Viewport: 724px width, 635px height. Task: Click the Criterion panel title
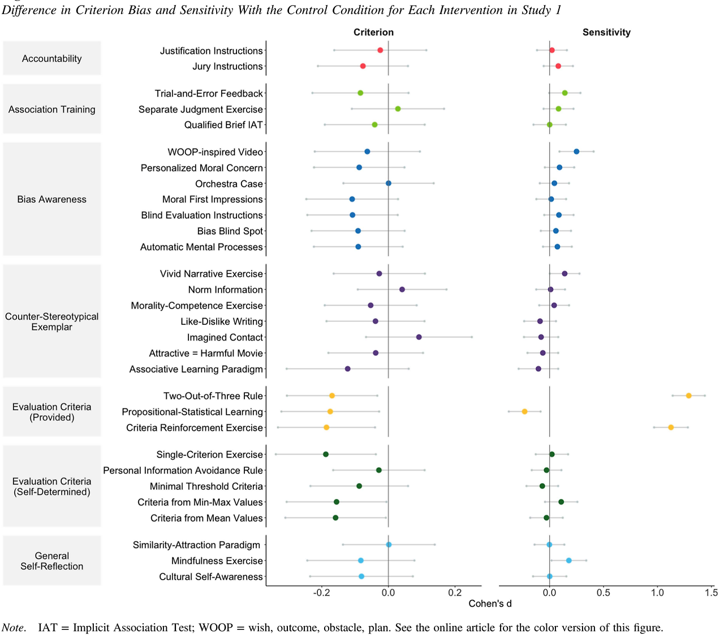coord(373,32)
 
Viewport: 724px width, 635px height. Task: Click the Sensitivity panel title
coord(606,32)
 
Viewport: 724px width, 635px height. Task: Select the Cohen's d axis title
coord(490,603)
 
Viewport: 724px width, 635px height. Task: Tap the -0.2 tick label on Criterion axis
coord(322,593)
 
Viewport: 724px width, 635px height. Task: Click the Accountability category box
coord(52,58)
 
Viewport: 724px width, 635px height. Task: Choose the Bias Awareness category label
coord(52,199)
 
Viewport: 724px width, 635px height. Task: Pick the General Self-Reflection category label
coord(52,561)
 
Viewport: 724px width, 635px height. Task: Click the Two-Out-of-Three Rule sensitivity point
coord(688,395)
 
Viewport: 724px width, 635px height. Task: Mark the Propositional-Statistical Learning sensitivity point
coord(524,411)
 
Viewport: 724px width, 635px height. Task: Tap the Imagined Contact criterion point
coord(419,337)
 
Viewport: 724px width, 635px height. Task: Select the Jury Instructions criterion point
coord(363,66)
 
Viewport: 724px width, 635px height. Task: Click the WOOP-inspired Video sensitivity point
coord(576,151)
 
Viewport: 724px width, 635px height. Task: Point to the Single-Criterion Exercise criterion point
coord(325,454)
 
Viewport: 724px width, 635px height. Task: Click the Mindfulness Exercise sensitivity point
coord(568,560)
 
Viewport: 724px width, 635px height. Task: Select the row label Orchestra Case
coord(229,184)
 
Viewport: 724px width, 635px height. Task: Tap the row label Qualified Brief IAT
coord(223,125)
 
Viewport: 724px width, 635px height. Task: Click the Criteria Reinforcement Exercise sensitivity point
coord(671,427)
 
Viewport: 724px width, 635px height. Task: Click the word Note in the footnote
coord(12,628)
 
